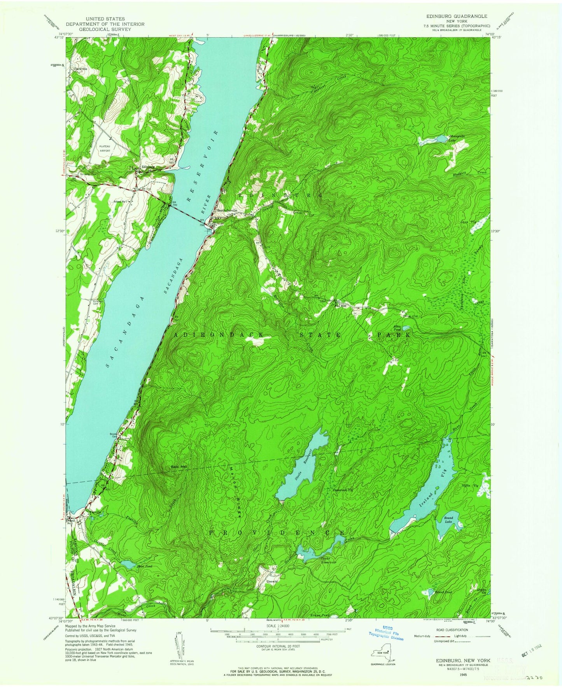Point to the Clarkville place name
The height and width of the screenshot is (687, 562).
(x=81, y=69)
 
